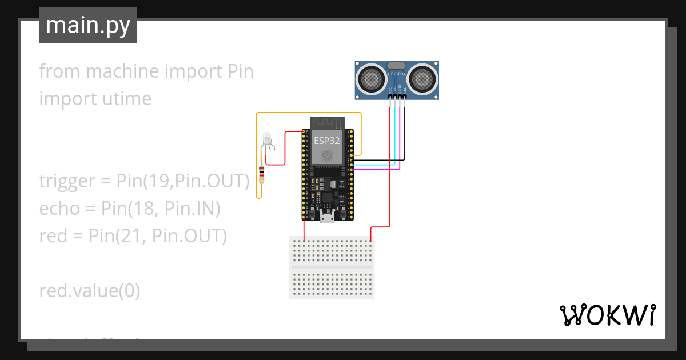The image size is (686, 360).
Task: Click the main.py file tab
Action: click(x=87, y=25)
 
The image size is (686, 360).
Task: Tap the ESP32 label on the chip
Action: click(x=327, y=139)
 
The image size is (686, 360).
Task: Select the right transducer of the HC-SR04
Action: click(x=422, y=78)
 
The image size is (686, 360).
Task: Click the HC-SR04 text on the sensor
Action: click(x=397, y=74)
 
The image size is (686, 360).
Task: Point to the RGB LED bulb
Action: click(x=266, y=139)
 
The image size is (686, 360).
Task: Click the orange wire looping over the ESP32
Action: click(x=309, y=113)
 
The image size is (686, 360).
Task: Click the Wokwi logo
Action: click(x=607, y=315)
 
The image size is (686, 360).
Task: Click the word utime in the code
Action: click(x=123, y=99)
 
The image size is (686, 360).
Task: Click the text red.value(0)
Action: click(x=89, y=291)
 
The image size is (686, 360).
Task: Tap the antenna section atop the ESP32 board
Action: click(x=328, y=123)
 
